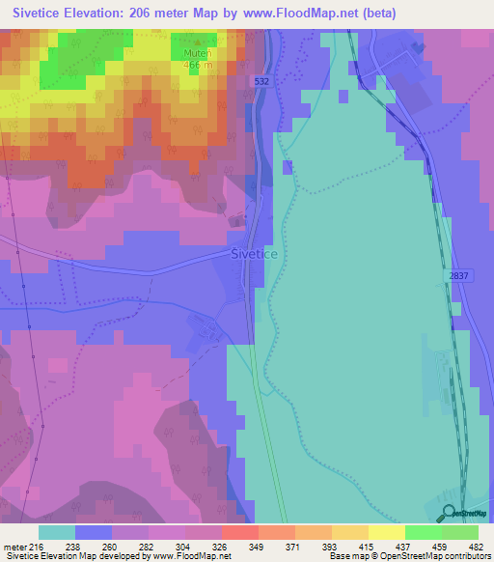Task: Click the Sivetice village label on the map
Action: coord(255,253)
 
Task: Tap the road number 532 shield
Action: coord(262,83)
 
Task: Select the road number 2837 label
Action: coord(459,276)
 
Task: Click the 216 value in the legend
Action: coord(36,547)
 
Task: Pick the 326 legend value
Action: coord(220,547)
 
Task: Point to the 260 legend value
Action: coord(109,547)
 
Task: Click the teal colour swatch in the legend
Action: coord(57,532)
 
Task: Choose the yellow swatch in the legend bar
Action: coord(386,532)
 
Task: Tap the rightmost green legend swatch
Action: coord(459,532)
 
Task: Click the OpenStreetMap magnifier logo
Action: coord(450,513)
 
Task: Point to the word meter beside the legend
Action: coord(14,547)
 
